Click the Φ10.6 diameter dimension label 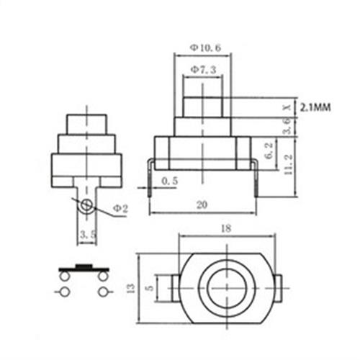point(205,48)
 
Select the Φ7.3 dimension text point(205,70)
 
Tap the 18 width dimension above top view point(226,228)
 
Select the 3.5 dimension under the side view point(87,235)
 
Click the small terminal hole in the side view point(87,206)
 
